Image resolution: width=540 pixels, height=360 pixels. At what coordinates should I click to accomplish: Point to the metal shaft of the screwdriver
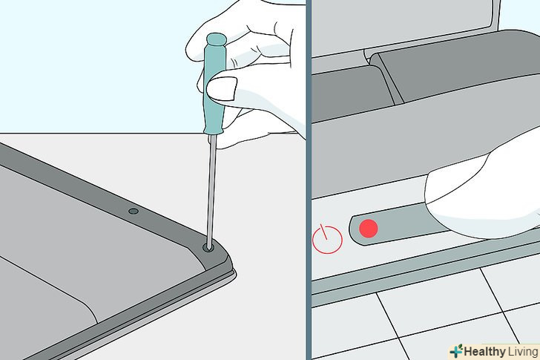pyautogui.click(x=211, y=189)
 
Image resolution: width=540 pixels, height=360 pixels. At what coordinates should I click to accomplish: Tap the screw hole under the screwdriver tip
pyautogui.click(x=208, y=247)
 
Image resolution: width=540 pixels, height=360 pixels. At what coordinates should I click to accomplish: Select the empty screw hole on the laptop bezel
pyautogui.click(x=134, y=212)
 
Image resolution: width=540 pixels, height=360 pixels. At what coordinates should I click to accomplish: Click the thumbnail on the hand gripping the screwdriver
pyautogui.click(x=222, y=88)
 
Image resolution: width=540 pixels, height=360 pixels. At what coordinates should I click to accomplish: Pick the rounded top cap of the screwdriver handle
pyautogui.click(x=216, y=39)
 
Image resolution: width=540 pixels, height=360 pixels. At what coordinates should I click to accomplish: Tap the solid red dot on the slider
pyautogui.click(x=369, y=229)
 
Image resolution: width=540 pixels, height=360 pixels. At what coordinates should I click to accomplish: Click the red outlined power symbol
pyautogui.click(x=327, y=239)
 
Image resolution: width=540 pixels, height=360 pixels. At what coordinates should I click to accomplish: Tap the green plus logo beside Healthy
pyautogui.click(x=456, y=351)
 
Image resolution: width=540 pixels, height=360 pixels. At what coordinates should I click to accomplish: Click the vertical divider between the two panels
pyautogui.click(x=309, y=180)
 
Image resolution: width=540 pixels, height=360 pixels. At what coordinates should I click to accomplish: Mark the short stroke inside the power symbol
pyautogui.click(x=323, y=232)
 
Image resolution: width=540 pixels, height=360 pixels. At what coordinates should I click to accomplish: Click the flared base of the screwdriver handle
pyautogui.click(x=213, y=130)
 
